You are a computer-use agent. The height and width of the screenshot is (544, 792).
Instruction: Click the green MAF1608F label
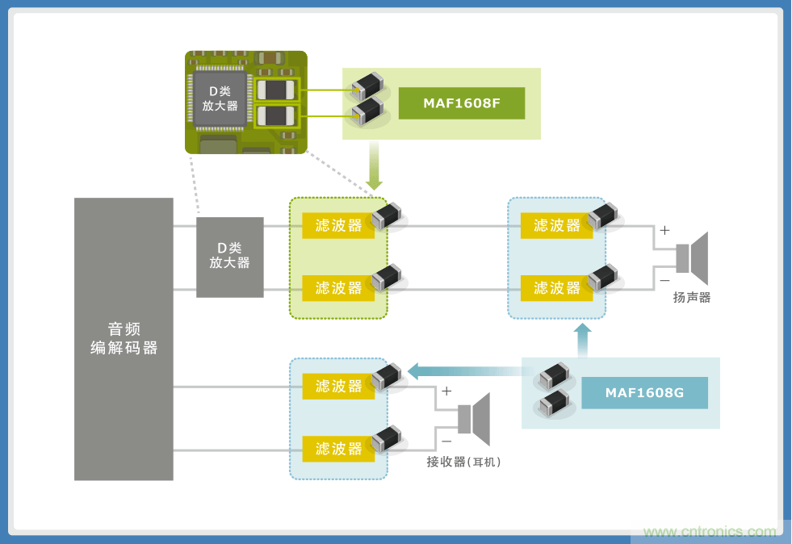tap(461, 103)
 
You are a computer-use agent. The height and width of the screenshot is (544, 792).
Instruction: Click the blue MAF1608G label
tap(644, 393)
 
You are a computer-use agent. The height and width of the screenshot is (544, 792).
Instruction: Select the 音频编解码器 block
tap(124, 339)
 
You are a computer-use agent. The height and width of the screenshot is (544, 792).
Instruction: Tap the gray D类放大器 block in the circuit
tap(229, 257)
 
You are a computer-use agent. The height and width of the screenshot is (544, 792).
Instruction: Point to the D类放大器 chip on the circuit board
tap(219, 98)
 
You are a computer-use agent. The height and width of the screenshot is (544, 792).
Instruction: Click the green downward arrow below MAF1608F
tap(374, 166)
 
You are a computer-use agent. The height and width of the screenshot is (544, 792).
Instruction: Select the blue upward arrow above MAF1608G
tap(582, 339)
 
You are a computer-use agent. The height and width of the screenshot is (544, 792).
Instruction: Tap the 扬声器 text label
tap(692, 297)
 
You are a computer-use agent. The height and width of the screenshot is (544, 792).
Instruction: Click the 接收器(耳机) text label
tap(464, 462)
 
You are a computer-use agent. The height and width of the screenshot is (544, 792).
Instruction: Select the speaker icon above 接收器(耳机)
tap(475, 419)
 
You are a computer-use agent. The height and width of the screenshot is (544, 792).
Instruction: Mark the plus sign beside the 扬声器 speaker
tap(664, 231)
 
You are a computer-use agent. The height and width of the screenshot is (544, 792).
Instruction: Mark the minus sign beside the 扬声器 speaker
tap(664, 280)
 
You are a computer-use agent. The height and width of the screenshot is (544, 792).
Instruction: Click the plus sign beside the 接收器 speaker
tap(446, 391)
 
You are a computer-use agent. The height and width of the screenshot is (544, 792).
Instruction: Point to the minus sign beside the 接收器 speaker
tap(446, 441)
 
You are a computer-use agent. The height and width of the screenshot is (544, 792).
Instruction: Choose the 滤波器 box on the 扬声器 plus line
tap(556, 225)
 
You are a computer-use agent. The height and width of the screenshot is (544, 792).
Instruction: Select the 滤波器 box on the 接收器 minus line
tap(338, 449)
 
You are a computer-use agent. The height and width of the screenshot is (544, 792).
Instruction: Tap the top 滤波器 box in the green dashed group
tap(338, 225)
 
